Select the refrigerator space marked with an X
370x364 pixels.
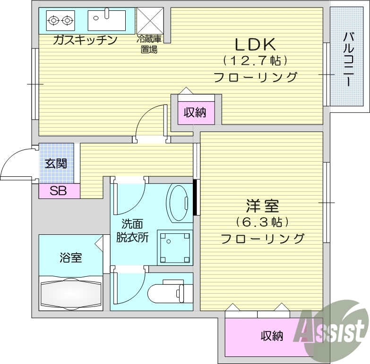tap(150, 20)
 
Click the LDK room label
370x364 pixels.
tap(255, 44)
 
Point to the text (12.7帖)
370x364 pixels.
tap(255, 61)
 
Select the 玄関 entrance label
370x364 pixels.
tap(56, 164)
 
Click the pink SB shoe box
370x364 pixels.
tap(59, 191)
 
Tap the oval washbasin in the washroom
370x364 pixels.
tap(180, 203)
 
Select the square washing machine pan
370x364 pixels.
tap(175, 247)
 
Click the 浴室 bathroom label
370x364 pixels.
tap(71, 258)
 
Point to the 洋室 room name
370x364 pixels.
tap(262, 206)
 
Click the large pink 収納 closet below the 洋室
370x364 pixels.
tap(271, 336)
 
